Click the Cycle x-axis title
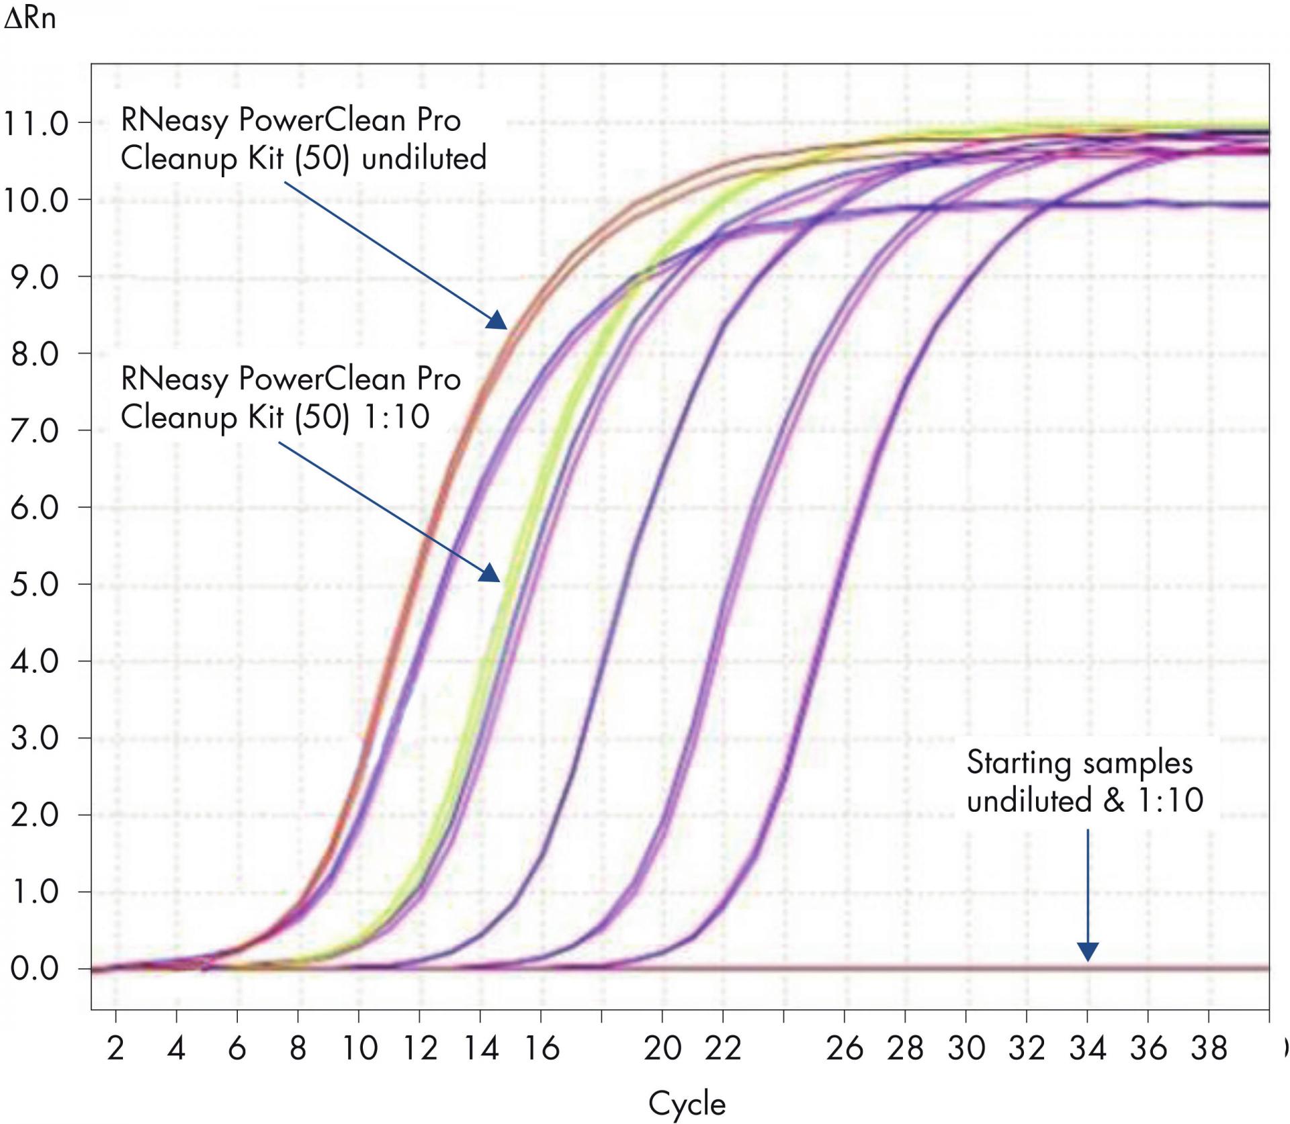click(x=687, y=1103)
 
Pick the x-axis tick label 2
click(x=116, y=1048)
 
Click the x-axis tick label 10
click(x=359, y=1048)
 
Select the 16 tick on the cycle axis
click(x=542, y=1048)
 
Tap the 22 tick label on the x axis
click(x=723, y=1048)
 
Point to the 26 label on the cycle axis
click(x=845, y=1048)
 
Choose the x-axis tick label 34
click(x=1088, y=1048)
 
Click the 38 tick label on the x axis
click(x=1209, y=1048)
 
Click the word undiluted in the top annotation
click(x=424, y=158)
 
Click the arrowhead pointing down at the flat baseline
click(x=1088, y=952)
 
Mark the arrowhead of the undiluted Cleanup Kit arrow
click(x=498, y=321)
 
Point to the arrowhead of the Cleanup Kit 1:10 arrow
click(x=491, y=573)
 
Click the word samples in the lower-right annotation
click(x=1137, y=763)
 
